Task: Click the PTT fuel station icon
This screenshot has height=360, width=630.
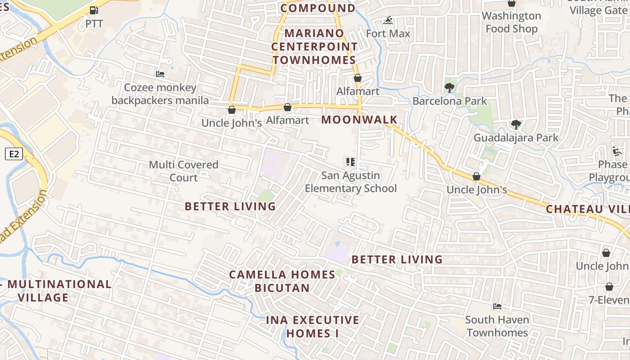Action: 94,10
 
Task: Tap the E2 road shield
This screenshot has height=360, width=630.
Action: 14,154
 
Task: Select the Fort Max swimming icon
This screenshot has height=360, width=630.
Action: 388,21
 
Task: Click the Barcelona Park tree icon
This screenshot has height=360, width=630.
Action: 449,88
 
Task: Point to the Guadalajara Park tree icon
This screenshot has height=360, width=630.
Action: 516,125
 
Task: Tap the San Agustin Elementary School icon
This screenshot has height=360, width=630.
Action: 351,162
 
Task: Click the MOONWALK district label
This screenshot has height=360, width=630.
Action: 360,120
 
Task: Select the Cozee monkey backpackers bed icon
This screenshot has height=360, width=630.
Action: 160,74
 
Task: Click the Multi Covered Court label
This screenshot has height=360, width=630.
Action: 184,171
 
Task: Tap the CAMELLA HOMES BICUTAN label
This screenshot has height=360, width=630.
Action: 282,281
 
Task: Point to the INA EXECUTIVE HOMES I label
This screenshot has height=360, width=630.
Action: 313,327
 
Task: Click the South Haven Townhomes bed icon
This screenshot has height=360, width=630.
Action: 497,306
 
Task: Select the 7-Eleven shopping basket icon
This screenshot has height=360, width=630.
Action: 609,287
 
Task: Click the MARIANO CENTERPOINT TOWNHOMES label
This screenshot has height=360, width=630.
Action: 314,46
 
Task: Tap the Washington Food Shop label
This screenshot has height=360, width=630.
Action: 512,22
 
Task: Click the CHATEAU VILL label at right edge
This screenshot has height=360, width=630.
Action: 587,209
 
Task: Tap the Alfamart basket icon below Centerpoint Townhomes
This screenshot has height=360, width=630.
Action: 358,78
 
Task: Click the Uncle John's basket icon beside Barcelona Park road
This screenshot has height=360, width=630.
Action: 477,176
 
